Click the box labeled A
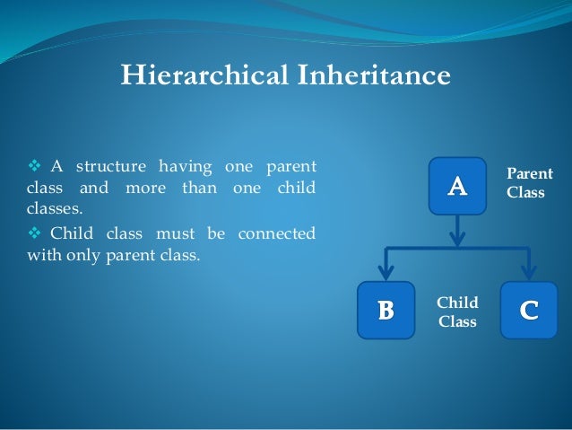(457, 186)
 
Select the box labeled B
(386, 310)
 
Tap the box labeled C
(529, 310)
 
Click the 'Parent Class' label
(530, 183)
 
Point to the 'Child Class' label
(457, 312)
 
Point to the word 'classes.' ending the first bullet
(43, 210)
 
